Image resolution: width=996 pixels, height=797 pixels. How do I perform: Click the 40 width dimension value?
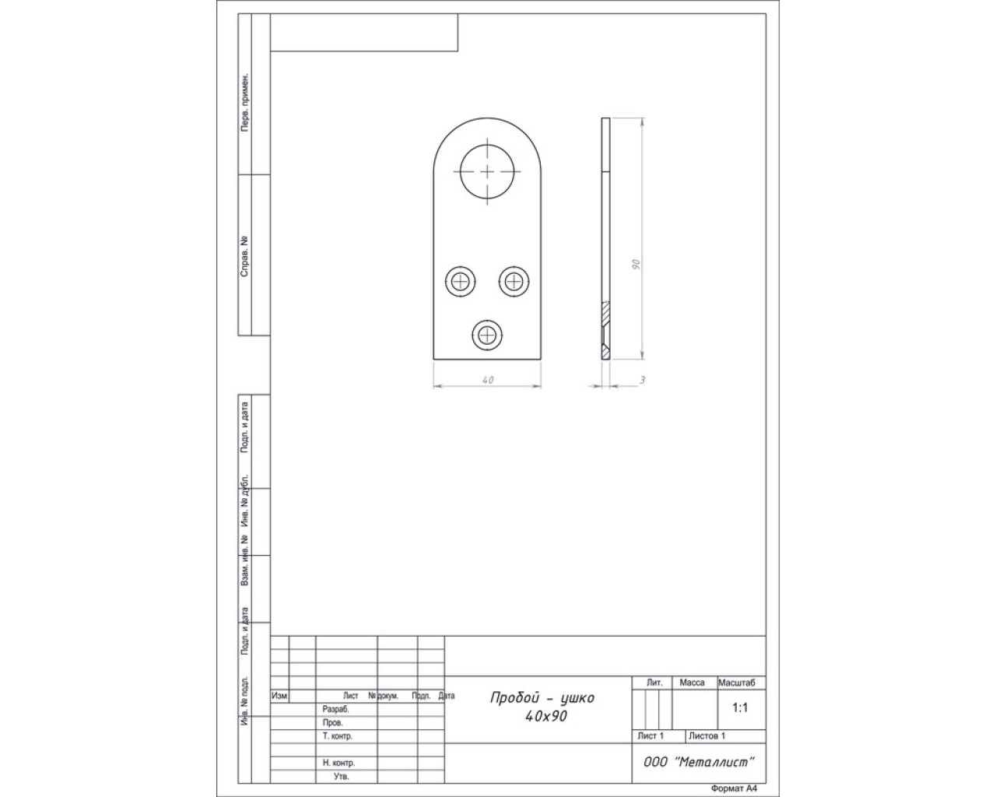[488, 380]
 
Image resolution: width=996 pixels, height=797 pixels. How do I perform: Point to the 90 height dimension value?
[637, 265]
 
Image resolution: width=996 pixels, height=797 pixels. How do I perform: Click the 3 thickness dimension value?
[642, 380]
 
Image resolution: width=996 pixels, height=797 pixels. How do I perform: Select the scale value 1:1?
[739, 707]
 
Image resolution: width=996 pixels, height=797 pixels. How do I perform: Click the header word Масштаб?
[736, 683]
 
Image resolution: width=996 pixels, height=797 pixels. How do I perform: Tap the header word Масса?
[692, 683]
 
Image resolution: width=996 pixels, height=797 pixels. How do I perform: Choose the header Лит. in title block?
[654, 683]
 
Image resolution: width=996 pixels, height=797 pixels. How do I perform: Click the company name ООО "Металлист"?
[699, 762]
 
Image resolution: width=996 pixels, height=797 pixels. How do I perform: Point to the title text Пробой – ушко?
[542, 697]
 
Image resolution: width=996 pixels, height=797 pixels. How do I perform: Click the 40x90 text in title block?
[546, 716]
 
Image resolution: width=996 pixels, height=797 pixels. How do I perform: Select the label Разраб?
[335, 710]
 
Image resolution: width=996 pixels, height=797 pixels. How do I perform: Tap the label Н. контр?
[338, 763]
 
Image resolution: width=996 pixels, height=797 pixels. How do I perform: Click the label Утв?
[341, 776]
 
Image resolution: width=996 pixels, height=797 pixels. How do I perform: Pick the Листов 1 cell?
[707, 736]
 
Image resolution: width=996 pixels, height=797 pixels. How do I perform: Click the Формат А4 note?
[734, 788]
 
